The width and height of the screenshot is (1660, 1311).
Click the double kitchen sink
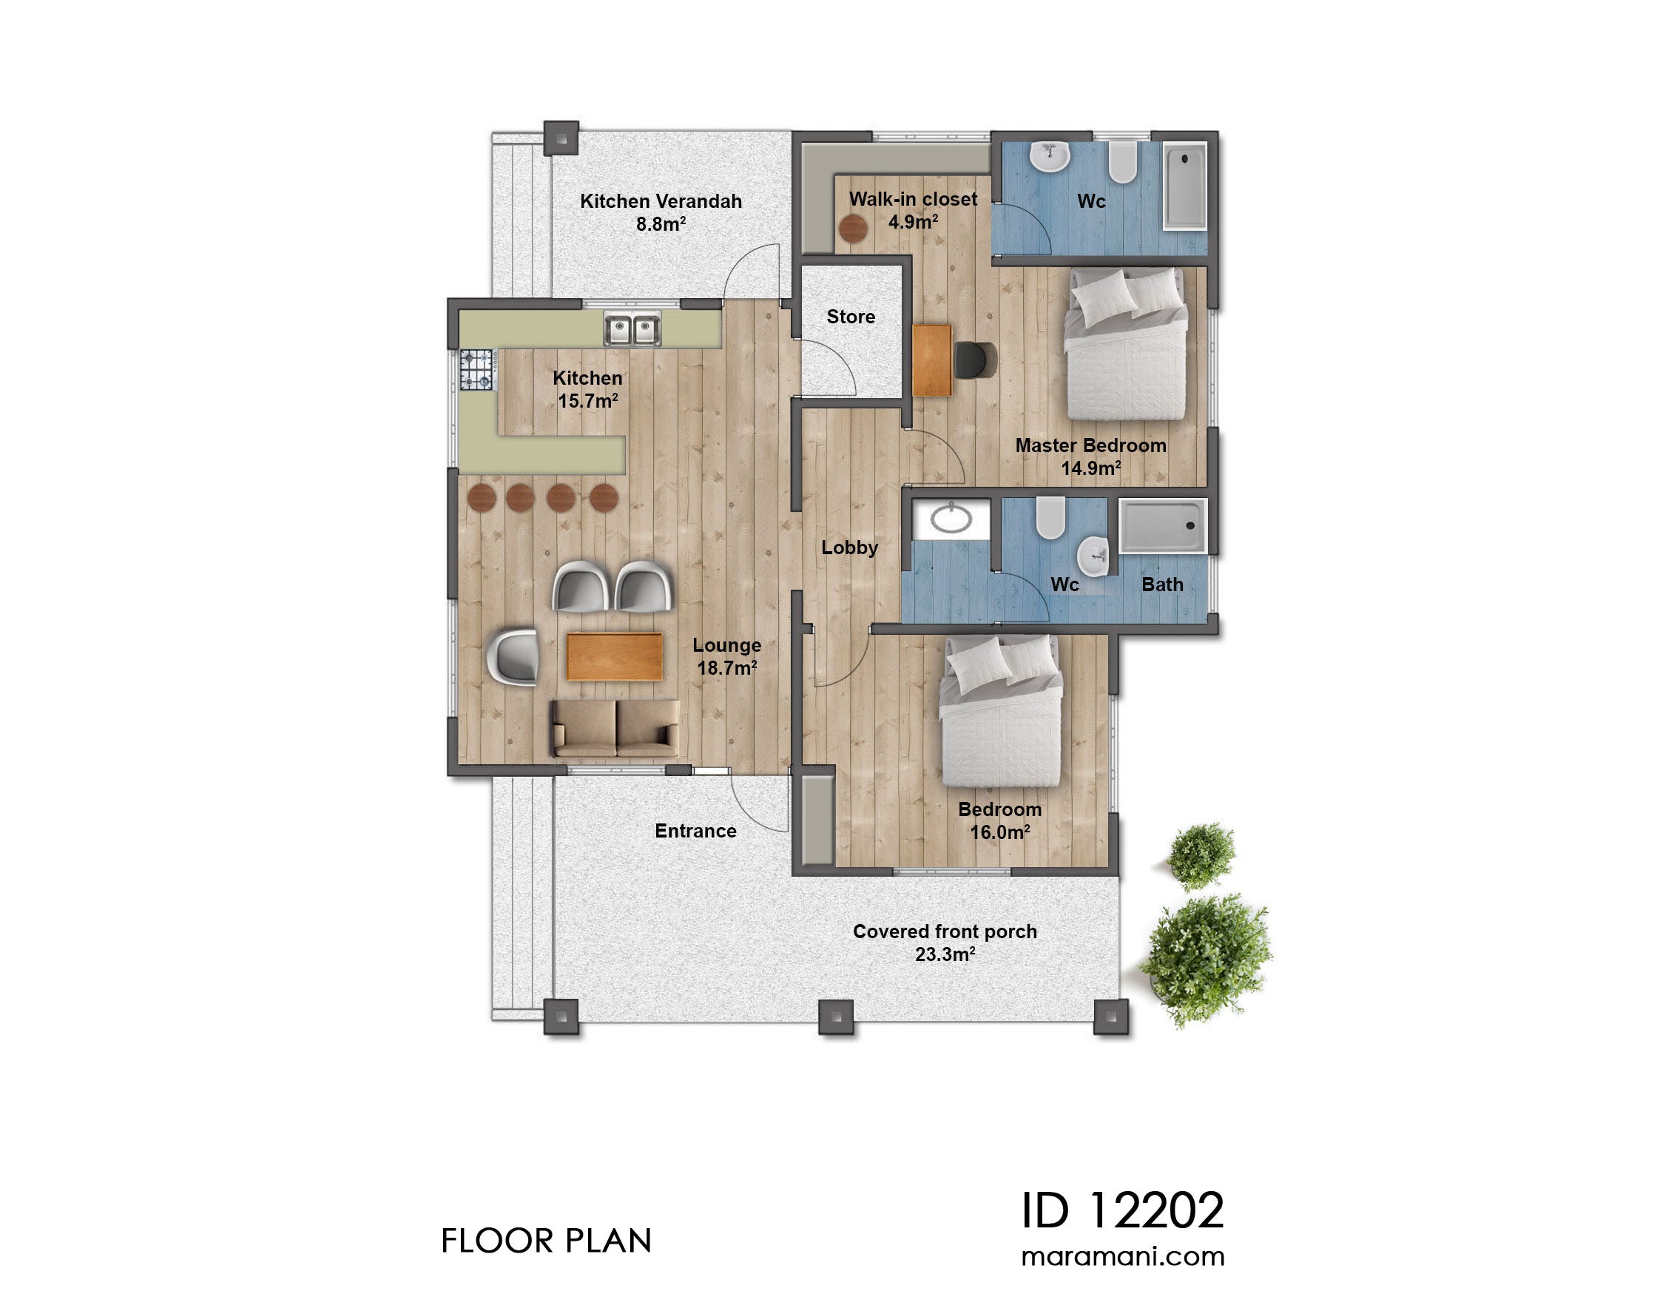(632, 330)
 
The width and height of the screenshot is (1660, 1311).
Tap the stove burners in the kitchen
(476, 369)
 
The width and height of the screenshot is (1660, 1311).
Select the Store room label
(850, 316)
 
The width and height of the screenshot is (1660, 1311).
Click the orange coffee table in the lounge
(614, 656)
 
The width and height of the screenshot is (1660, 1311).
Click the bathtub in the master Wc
(1185, 186)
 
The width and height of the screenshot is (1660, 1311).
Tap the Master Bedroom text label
(1090, 446)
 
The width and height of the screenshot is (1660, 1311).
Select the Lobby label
(848, 547)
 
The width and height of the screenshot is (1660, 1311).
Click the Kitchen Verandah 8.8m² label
(661, 212)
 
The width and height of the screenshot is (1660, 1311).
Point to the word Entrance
(695, 831)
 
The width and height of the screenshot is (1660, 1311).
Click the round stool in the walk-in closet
(853, 229)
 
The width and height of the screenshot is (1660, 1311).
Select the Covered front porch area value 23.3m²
(945, 954)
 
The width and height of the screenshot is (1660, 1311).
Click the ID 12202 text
(1122, 1211)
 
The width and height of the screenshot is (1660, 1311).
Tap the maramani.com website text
(1122, 1257)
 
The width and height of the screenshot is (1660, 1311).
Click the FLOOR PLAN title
(546, 1241)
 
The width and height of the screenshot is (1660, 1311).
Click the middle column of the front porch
(836, 1017)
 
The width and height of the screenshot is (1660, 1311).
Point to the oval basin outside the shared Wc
(951, 519)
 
